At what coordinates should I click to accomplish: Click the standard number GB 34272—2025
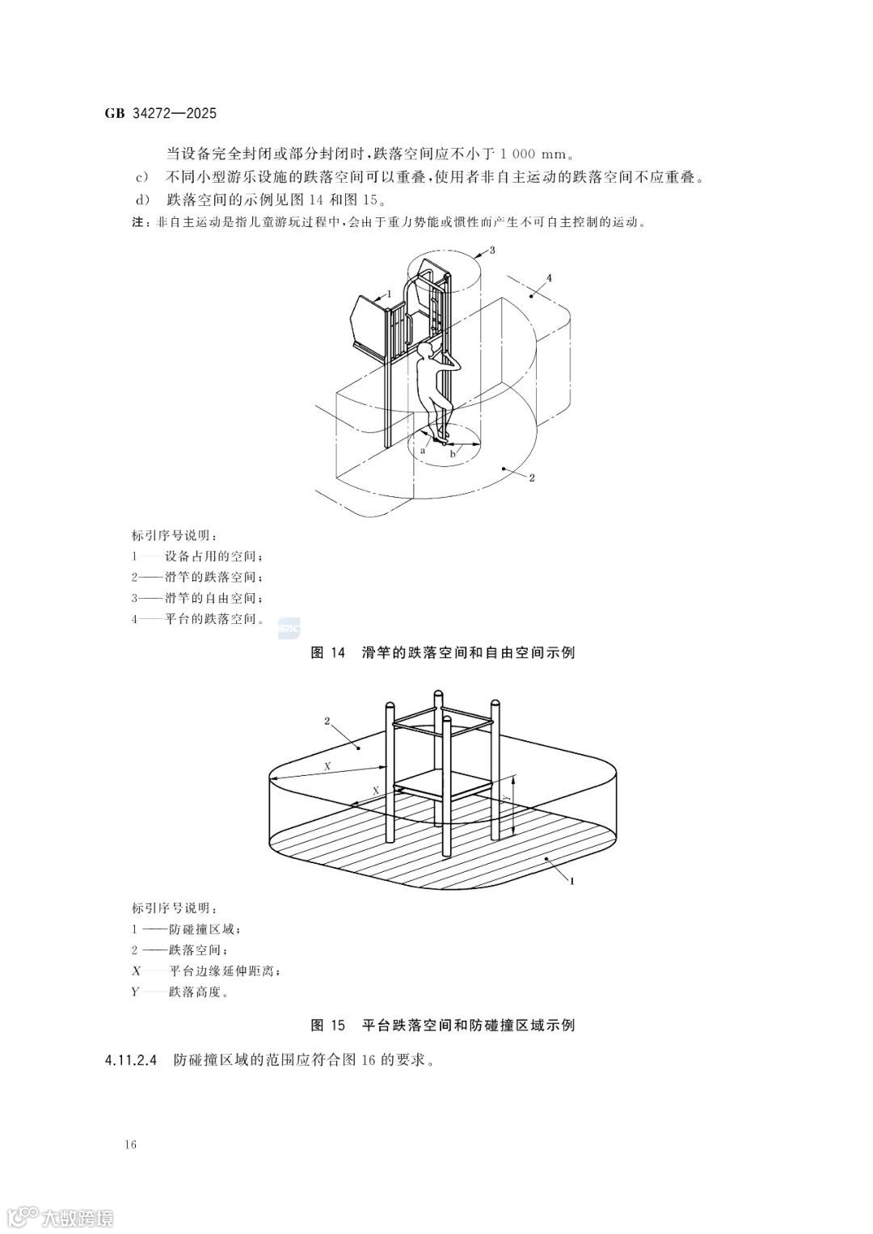(160, 114)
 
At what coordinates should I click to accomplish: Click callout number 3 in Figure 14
(491, 250)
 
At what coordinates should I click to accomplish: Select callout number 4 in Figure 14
(550, 278)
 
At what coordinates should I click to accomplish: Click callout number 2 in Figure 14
(532, 478)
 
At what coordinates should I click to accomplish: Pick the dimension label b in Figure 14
(453, 455)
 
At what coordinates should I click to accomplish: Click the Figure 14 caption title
(443, 653)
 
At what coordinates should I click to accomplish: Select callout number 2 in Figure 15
(327, 720)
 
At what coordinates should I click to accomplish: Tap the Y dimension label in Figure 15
(505, 797)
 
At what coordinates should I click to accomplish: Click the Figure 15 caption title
(443, 1026)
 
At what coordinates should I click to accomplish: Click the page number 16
(131, 1145)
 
